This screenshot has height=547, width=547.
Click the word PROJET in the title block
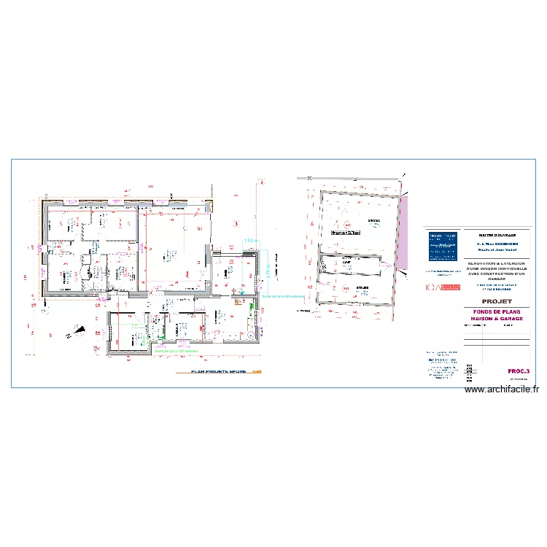pos(476,300)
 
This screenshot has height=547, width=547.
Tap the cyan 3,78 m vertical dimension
pos(268,269)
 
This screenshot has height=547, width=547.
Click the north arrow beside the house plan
pos(75,333)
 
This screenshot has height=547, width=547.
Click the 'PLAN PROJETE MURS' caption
pos(218,371)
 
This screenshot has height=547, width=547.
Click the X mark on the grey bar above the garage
pos(309,177)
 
